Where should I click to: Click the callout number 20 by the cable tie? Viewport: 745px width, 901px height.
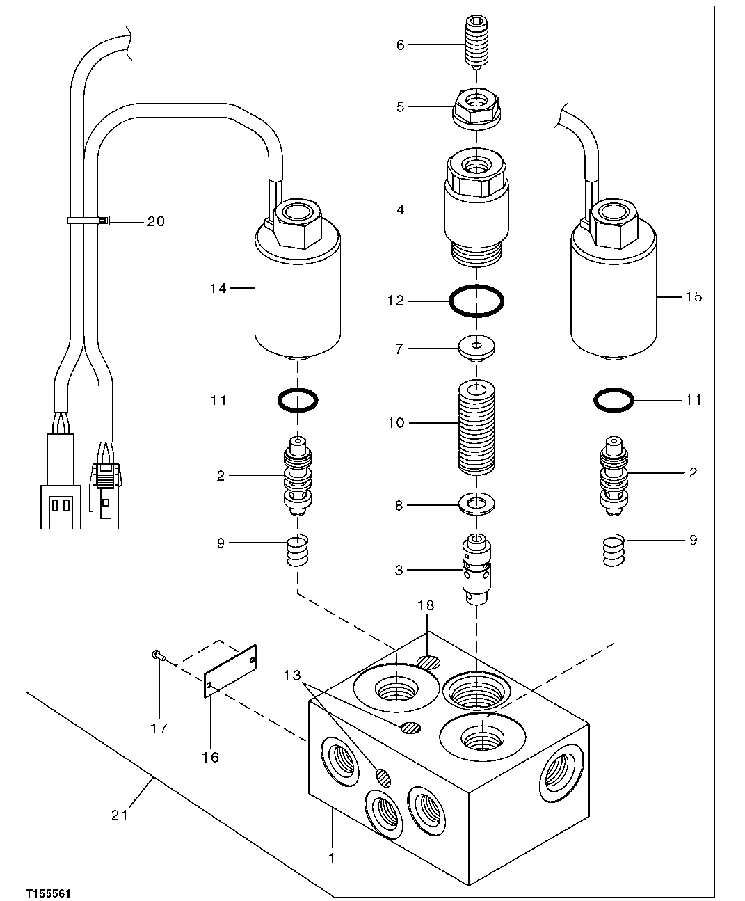pyautogui.click(x=156, y=221)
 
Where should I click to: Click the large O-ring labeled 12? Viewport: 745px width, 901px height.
pyautogui.click(x=476, y=301)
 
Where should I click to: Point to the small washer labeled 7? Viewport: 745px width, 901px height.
pyautogui.click(x=476, y=348)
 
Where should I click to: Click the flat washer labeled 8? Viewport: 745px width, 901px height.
pyautogui.click(x=476, y=502)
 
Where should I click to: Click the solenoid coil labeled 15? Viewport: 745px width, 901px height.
pyautogui.click(x=614, y=292)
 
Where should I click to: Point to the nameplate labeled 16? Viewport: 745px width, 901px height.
pyautogui.click(x=232, y=668)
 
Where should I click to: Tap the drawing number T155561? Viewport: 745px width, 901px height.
pyautogui.click(x=49, y=891)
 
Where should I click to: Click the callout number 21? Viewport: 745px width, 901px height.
pyautogui.click(x=120, y=814)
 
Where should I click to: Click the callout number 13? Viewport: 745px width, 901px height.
pyautogui.click(x=293, y=675)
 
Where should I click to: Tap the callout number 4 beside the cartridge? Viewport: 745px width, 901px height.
pyautogui.click(x=400, y=209)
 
